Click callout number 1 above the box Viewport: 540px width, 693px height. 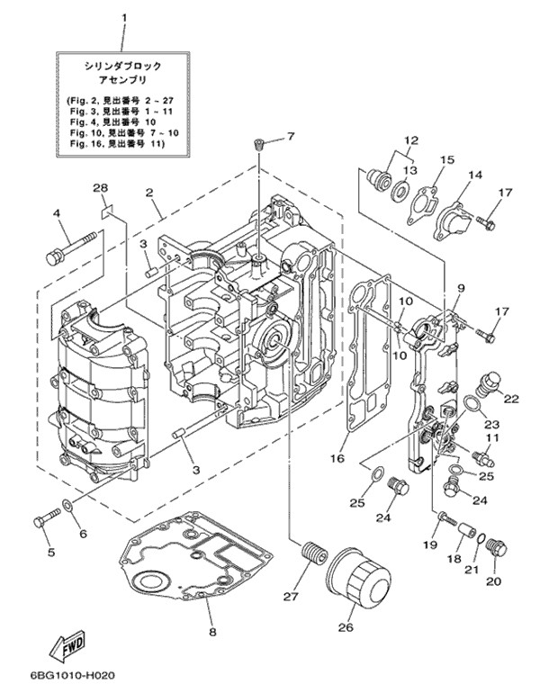coord(124,18)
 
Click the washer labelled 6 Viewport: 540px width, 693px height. coord(67,503)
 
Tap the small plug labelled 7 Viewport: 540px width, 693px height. coord(258,145)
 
